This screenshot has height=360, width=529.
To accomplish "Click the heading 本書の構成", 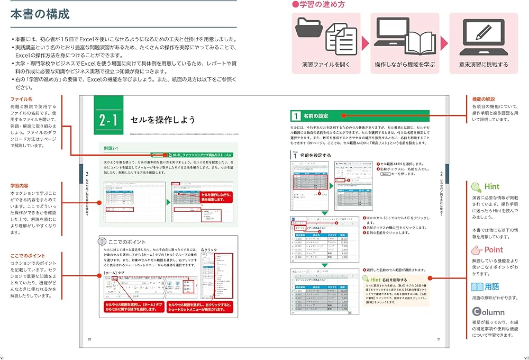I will click(40, 14).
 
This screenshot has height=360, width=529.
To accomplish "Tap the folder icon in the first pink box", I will click(310, 31).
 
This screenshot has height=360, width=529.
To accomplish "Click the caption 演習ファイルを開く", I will click(326, 65).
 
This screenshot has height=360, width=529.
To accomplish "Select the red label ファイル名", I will click(22, 99).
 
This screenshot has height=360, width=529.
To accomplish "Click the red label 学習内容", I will click(22, 186).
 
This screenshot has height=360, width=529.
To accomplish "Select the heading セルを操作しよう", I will click(163, 120).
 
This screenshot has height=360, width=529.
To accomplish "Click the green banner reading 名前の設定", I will click(360, 115).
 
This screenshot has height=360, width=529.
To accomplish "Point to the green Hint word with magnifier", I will click(485, 186).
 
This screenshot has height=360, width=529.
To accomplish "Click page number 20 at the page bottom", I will click(89, 339).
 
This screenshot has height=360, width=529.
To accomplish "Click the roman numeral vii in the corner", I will click(525, 356).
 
